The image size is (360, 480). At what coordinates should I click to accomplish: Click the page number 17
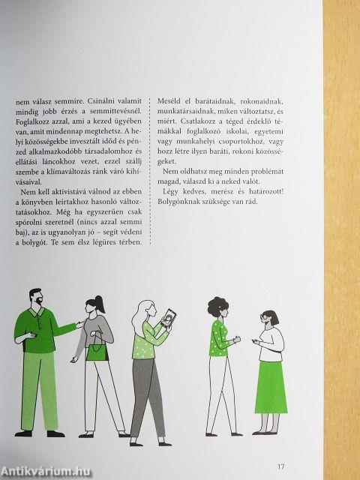pos(281,446)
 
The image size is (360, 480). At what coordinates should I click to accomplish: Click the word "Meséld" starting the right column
pos(167,97)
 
